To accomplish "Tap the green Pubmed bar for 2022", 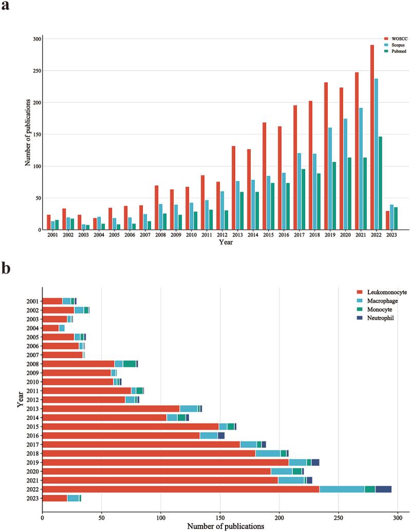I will coord(381,183).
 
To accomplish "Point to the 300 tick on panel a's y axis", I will coord(37,39).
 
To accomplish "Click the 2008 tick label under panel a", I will coord(160,235).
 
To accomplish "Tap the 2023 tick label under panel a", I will coord(391,235).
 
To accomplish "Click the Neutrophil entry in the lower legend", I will coord(379,319).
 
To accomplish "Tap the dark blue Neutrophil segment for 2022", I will coord(383,489).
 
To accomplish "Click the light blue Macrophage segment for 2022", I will coord(342,489).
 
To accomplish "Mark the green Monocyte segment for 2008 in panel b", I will coord(129,363).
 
